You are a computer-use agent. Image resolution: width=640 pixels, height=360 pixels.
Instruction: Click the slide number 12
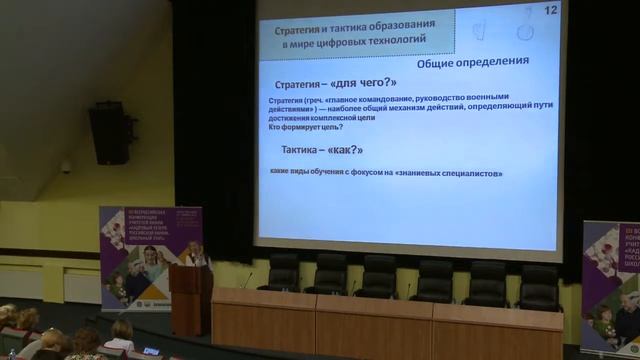coord(550,10)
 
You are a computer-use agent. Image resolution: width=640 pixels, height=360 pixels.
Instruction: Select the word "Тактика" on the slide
coord(304,150)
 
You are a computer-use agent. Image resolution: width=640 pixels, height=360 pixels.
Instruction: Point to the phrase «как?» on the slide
coord(345,150)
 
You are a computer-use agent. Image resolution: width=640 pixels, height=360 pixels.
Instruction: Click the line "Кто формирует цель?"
coord(306,127)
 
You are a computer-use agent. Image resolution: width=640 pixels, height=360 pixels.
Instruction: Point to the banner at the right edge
coord(611,284)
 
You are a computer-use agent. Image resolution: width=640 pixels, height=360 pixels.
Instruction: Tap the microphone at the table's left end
coord(246,279)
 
